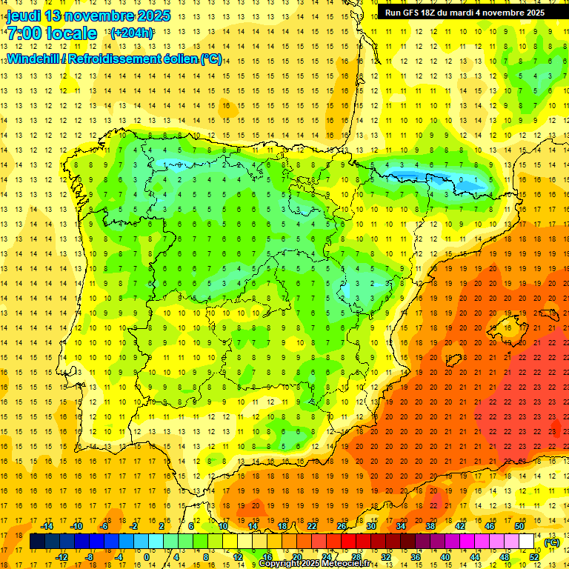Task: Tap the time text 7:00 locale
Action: click(52, 33)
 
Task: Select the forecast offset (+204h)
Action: click(132, 33)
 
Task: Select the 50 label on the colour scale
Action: click(519, 526)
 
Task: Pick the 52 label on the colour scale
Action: click(533, 557)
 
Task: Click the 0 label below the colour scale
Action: click(147, 557)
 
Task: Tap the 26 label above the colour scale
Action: click(342, 526)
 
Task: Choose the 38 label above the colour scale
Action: click(430, 526)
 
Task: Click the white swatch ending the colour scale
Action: click(527, 542)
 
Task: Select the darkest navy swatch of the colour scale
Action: click(37, 542)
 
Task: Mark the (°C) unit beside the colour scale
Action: click(551, 542)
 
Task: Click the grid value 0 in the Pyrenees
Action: click(462, 179)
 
